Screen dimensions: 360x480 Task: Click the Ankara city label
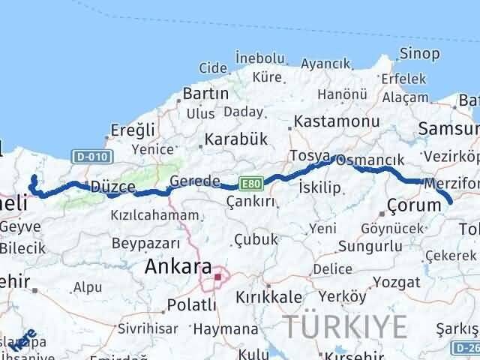[x=178, y=266]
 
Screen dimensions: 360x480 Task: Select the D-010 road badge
[x=93, y=157]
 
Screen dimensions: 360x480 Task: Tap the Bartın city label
[x=205, y=94]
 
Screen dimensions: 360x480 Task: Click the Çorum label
[x=413, y=205]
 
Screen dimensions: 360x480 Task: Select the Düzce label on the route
[x=112, y=187]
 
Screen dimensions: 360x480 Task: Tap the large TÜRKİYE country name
[x=346, y=327]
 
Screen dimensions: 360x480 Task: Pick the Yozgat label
[x=400, y=282]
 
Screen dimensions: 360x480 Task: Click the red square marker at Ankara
[x=218, y=277]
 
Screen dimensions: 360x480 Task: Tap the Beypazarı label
[x=145, y=243]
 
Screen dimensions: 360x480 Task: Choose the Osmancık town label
[x=379, y=160]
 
